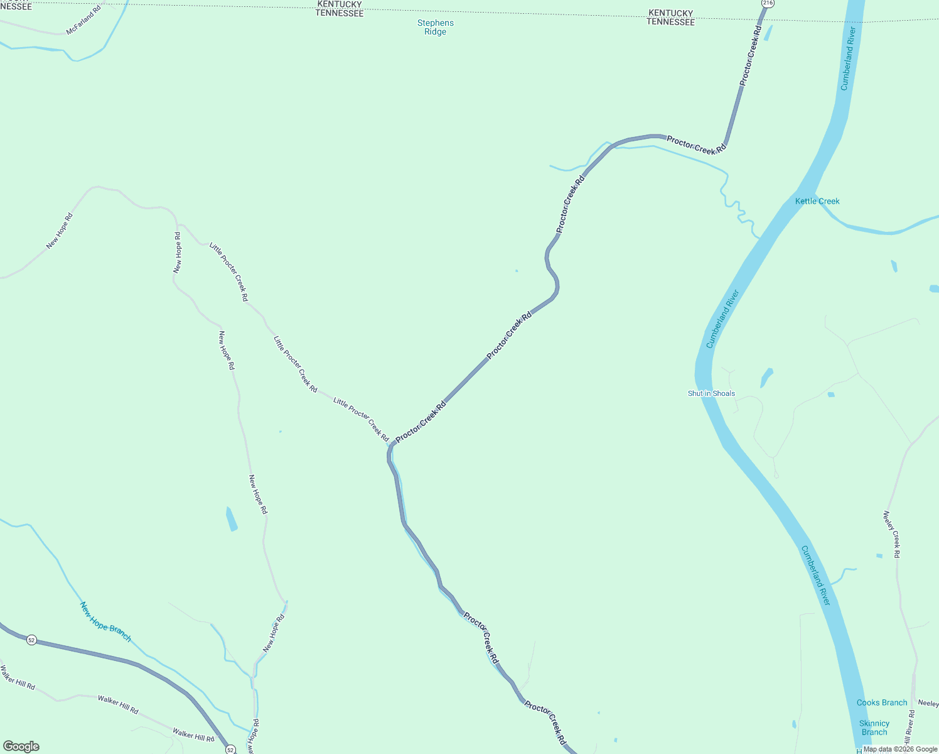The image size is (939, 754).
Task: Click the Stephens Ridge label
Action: (435, 27)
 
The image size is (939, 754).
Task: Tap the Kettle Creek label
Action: (817, 201)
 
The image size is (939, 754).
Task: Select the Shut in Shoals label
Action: (711, 393)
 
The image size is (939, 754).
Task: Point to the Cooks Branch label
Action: (881, 702)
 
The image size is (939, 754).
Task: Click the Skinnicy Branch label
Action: (874, 728)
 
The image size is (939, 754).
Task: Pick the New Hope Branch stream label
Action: (105, 621)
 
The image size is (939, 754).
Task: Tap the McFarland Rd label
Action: (83, 21)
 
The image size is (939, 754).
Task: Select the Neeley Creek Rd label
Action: (892, 534)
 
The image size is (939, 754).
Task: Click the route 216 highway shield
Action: (768, 3)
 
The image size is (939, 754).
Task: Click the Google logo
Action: (21, 746)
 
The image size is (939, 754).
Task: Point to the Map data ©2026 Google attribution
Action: (900, 749)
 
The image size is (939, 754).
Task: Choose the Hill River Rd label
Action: (909, 729)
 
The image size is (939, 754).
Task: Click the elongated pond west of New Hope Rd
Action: (232, 519)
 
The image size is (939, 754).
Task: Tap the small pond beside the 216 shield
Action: (768, 33)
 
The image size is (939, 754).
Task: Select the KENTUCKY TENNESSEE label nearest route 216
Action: (670, 17)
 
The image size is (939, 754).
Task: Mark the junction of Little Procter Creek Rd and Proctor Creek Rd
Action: (392, 444)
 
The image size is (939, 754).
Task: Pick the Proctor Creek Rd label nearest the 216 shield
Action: (750, 55)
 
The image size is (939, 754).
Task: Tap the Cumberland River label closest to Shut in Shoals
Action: (722, 319)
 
